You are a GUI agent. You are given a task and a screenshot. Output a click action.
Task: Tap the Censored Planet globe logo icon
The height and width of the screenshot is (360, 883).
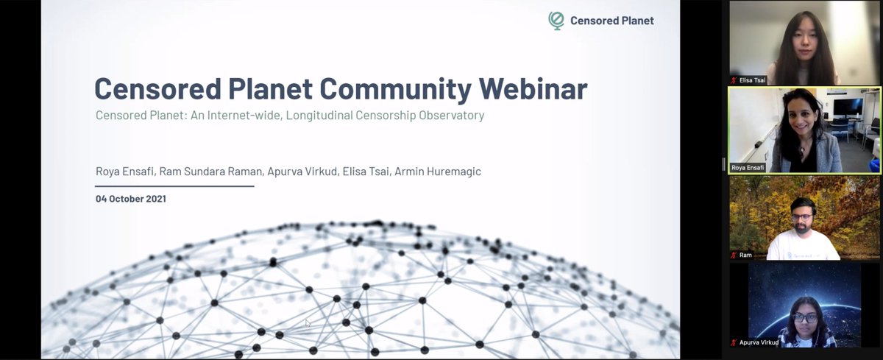556,21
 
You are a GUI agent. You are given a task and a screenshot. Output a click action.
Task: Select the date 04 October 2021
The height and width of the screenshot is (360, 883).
131,199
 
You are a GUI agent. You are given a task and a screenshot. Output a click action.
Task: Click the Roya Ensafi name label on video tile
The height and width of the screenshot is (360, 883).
748,168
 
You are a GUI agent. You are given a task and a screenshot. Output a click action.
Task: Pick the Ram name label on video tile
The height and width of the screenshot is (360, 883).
745,255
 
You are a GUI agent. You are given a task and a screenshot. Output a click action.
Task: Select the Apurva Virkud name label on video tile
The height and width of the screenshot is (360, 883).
759,342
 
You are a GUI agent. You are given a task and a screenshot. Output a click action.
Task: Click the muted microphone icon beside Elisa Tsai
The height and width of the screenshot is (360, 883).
734,80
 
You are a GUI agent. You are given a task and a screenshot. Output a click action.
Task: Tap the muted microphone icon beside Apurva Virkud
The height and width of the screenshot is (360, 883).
734,342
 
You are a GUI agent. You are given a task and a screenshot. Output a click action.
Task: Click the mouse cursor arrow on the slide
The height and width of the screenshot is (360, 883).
308,322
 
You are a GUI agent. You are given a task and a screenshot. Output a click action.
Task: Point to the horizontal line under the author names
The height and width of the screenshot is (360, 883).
174,186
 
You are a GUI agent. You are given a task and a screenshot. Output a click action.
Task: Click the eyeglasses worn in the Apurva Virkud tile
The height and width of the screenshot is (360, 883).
806,318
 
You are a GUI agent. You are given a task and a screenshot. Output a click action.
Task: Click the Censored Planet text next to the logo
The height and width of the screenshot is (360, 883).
611,21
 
